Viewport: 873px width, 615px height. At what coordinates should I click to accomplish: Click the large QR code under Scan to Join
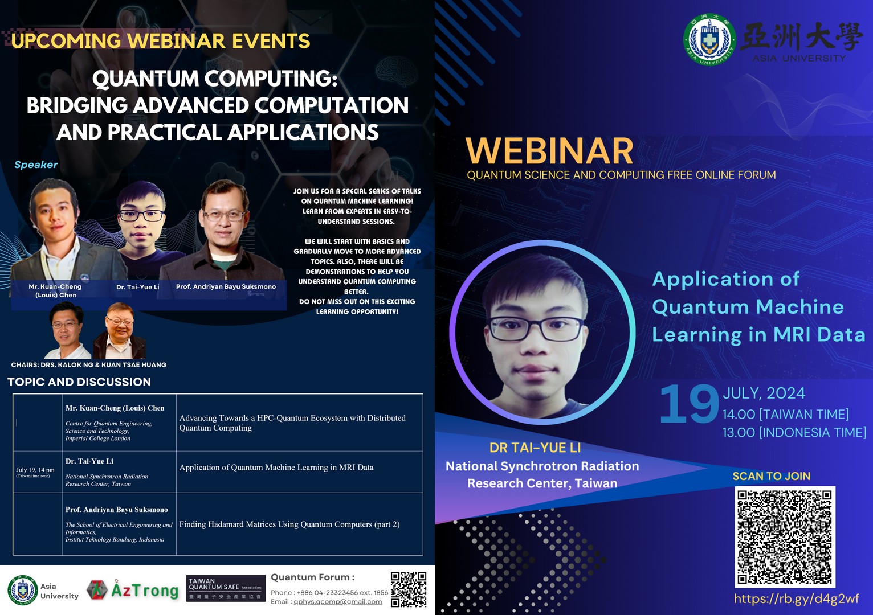click(785, 537)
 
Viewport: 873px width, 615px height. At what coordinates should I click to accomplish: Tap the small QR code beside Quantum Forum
click(409, 589)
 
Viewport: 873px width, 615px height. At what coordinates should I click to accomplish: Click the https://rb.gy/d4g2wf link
click(796, 599)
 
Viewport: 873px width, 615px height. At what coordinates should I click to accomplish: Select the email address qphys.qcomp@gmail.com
click(337, 602)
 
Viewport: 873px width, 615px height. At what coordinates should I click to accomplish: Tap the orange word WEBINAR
click(549, 151)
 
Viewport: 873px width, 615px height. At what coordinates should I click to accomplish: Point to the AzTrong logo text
click(145, 590)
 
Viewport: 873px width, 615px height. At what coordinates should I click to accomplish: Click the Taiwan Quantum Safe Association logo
click(226, 588)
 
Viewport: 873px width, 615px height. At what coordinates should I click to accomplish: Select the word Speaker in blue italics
click(36, 165)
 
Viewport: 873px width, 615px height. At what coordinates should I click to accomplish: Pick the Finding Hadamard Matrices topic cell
click(299, 524)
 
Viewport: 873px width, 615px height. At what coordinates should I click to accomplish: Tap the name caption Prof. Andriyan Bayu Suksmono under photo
click(226, 286)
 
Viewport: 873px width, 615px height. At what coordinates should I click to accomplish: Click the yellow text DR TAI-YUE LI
click(535, 448)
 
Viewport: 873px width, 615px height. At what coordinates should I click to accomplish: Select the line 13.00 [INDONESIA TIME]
click(794, 432)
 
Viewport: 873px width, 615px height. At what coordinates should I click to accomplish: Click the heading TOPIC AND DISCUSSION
click(79, 382)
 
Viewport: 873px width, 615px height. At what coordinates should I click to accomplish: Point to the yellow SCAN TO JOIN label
click(771, 476)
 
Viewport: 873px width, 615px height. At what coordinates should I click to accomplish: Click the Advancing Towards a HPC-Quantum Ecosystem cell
click(299, 423)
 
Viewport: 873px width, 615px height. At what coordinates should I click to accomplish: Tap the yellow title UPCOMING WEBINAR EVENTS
click(161, 41)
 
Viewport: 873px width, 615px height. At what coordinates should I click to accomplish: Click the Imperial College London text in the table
click(98, 438)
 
